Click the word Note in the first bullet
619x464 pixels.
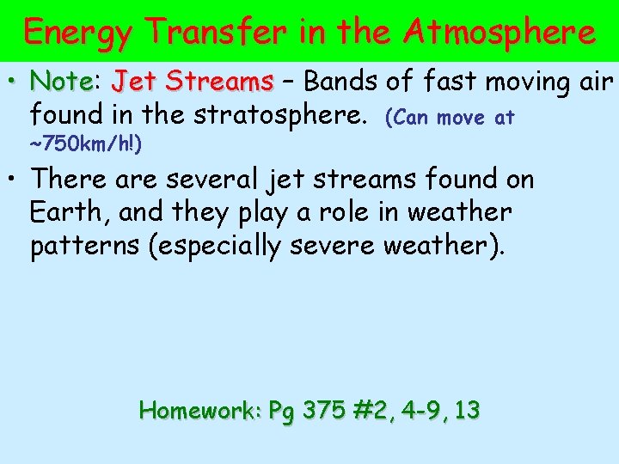pos(61,82)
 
